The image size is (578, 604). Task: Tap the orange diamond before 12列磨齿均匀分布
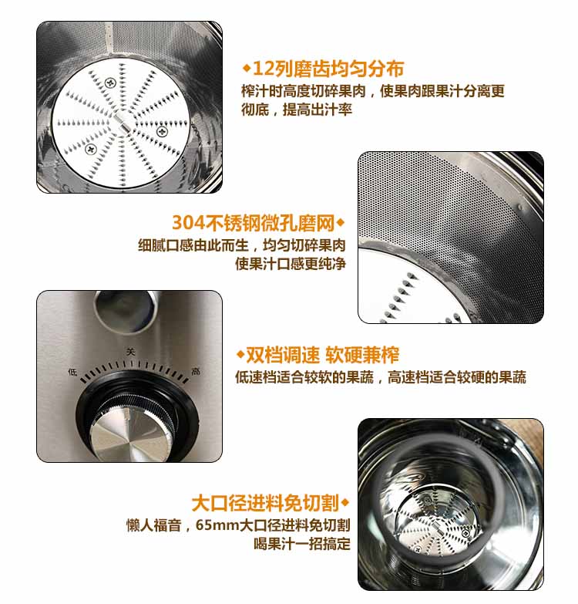point(247,69)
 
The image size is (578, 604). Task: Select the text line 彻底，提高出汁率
point(297,110)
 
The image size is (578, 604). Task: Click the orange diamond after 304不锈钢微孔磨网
point(341,223)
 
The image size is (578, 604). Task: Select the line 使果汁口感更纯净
point(291,264)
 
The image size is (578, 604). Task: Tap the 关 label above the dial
point(131,352)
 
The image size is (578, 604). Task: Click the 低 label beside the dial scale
point(72,372)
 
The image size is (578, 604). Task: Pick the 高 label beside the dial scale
point(196,371)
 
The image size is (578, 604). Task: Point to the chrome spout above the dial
point(126,310)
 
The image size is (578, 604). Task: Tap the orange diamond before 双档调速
point(240,354)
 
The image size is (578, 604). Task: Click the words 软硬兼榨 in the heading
point(362,355)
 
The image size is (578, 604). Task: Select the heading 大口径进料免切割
point(265,503)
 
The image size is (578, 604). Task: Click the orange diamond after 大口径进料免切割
point(344,503)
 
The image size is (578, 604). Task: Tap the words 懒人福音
point(154,525)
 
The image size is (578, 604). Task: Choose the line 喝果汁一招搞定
point(302,544)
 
